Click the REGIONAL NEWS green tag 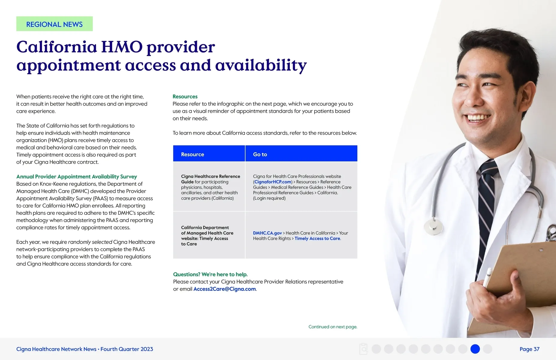click(55, 24)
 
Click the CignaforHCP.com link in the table click(273, 182)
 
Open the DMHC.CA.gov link click(267, 233)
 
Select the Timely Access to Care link click(317, 238)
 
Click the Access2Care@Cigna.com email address click(224, 289)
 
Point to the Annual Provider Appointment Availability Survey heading click(76, 177)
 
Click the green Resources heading click(185, 97)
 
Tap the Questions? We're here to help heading click(210, 274)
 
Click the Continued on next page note click(333, 327)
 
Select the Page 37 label click(529, 349)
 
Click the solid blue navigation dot click(475, 349)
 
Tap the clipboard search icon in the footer click(363, 349)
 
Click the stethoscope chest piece click(433, 225)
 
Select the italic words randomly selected click(90, 242)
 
